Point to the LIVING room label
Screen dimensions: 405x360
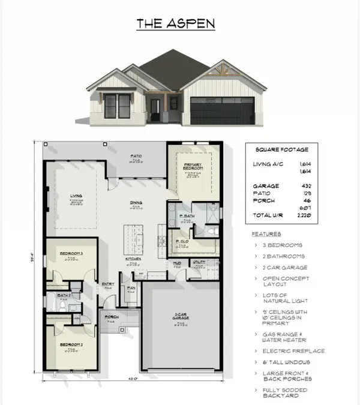76,194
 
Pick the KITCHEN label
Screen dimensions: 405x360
133,259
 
